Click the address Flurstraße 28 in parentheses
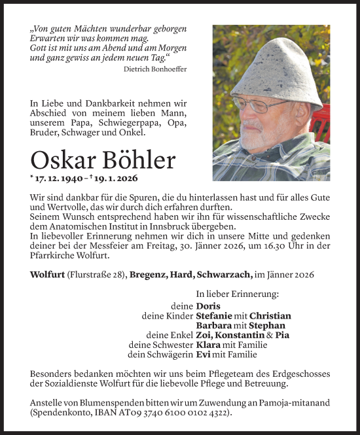99,275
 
